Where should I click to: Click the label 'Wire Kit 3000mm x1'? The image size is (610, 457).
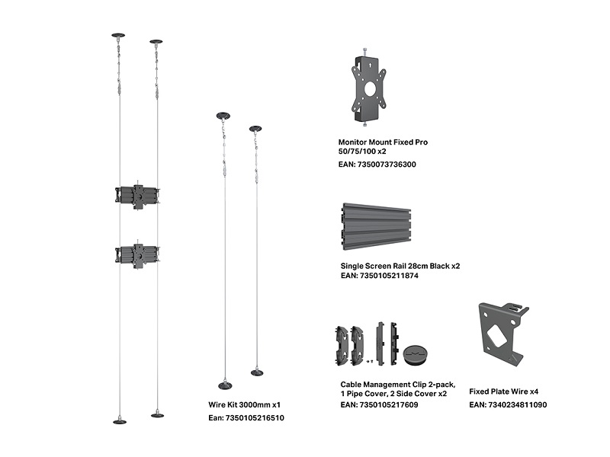click(x=244, y=405)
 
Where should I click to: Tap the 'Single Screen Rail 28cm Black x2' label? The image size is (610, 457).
click(x=400, y=266)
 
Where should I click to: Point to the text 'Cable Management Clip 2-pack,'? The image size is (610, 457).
click(x=393, y=384)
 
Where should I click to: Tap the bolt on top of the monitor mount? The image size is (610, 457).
click(x=368, y=52)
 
